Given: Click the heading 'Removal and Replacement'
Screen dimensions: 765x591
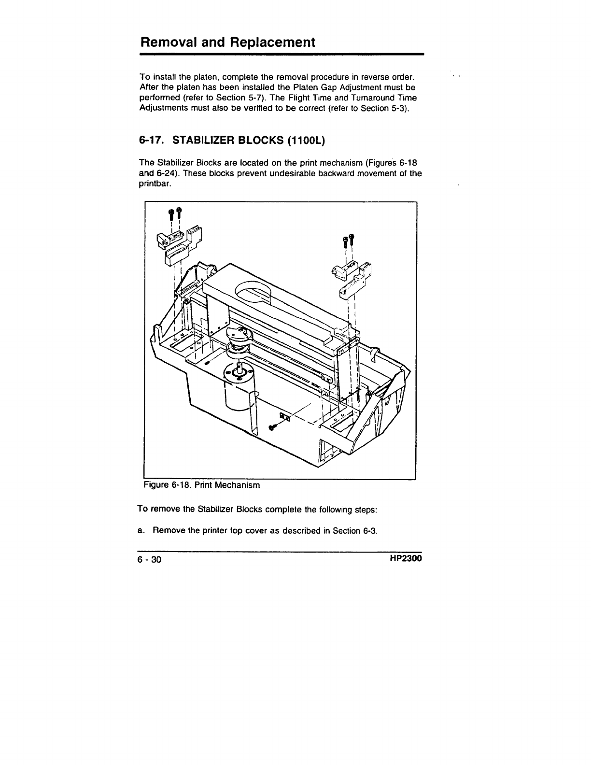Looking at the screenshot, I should pyautogui.click(x=227, y=42).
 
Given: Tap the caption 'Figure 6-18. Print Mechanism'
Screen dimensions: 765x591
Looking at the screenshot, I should pyautogui.click(x=201, y=485).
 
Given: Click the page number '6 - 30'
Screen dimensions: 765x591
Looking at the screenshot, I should pyautogui.click(x=150, y=560).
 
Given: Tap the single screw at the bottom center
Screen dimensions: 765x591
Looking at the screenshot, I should pyautogui.click(x=272, y=426).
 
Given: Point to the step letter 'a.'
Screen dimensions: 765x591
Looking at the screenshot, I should pyautogui.click(x=141, y=531).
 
